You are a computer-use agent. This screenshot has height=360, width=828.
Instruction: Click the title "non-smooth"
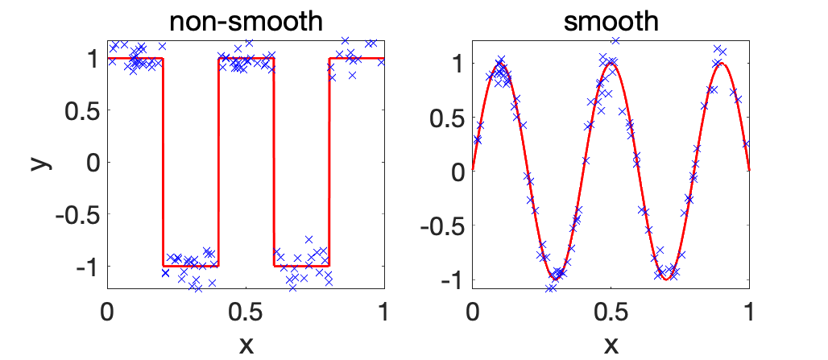(246, 22)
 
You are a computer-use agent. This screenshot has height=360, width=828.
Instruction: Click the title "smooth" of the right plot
(611, 22)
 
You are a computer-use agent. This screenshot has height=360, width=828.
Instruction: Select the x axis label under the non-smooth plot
(246, 344)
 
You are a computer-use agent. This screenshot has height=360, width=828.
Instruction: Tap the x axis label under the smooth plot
(611, 344)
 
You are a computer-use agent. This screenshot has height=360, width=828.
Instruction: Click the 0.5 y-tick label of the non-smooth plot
(80, 110)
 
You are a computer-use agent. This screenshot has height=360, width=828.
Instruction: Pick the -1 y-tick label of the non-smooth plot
(85, 266)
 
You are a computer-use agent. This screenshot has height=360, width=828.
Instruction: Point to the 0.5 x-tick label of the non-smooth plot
(246, 311)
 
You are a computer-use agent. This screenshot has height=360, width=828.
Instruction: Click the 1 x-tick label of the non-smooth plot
(383, 311)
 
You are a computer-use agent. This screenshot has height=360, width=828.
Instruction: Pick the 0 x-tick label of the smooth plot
(473, 311)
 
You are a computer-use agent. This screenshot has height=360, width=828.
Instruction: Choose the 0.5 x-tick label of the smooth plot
(611, 311)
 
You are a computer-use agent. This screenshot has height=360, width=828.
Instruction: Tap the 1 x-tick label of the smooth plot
(749, 311)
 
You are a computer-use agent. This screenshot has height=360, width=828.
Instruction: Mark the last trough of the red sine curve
(666, 279)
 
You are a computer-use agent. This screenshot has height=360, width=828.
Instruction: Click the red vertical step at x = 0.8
(329, 162)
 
